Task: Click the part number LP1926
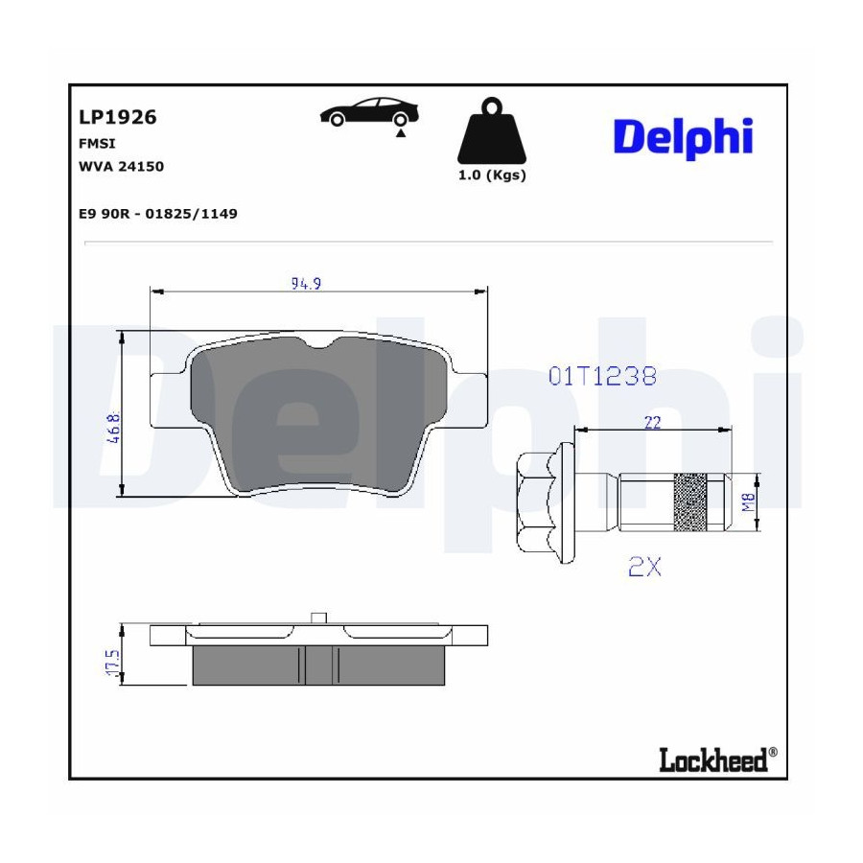pos(118,117)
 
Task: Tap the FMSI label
pos(97,144)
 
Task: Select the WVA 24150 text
pos(121,166)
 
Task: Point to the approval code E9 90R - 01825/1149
pos(158,214)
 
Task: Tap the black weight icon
pos(492,131)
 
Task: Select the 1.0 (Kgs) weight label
pos(492,175)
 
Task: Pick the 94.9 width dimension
pos(306,284)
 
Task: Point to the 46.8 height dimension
pos(114,428)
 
